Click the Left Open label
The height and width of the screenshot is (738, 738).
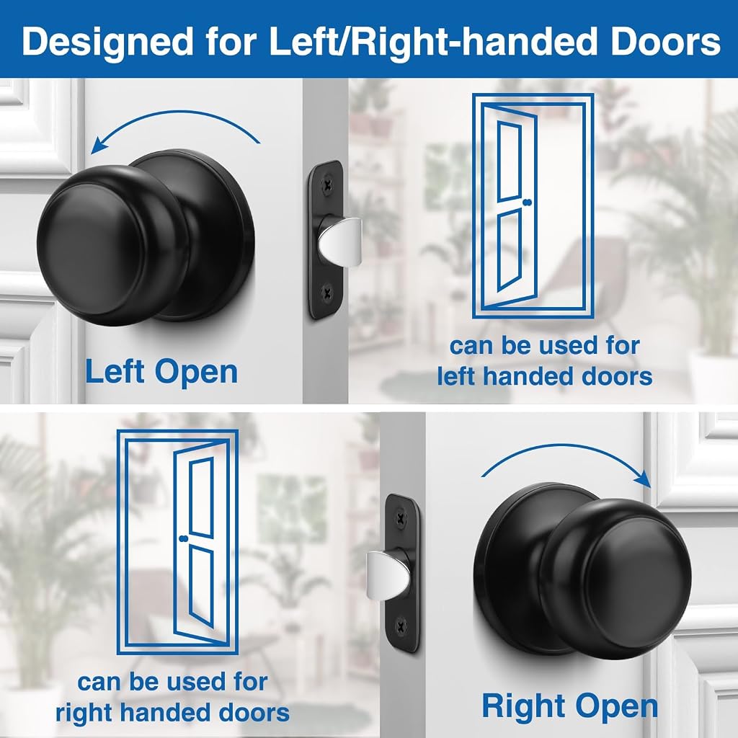click(x=161, y=373)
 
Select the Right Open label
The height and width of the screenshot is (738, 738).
click(x=569, y=707)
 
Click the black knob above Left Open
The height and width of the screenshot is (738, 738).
click(x=146, y=238)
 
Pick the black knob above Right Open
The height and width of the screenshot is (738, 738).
click(x=582, y=571)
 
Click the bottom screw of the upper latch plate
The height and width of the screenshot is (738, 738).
click(x=327, y=294)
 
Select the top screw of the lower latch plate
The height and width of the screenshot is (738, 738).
click(x=401, y=518)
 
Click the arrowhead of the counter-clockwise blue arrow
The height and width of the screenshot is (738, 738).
click(x=97, y=145)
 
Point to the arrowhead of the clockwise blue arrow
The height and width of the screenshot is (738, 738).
click(x=644, y=479)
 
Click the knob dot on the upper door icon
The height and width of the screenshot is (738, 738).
click(x=527, y=203)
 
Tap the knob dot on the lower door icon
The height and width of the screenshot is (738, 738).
click(x=184, y=538)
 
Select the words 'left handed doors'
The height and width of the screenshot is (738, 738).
click(x=545, y=376)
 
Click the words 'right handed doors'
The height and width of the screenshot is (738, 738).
click(x=173, y=713)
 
